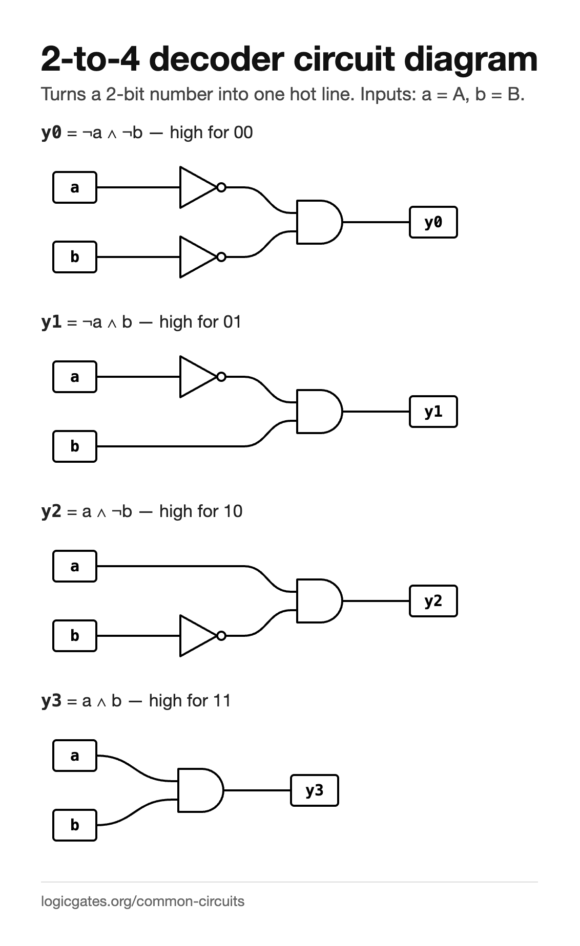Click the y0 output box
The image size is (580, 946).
433,222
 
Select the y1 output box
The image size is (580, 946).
433,412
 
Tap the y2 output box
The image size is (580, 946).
433,601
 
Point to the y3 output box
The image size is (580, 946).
315,790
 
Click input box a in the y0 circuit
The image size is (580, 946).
75,187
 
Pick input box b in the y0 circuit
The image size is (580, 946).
75,257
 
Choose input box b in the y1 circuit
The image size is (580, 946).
75,446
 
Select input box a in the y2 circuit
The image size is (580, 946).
75,566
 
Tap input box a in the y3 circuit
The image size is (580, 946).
75,756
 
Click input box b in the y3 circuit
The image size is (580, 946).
75,825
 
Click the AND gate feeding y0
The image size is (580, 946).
319,222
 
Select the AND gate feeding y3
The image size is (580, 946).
200,790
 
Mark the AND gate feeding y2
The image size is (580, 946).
319,601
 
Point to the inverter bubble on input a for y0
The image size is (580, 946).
221,187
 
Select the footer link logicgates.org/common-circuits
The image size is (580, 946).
143,901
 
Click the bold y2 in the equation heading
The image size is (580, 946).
51,511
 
